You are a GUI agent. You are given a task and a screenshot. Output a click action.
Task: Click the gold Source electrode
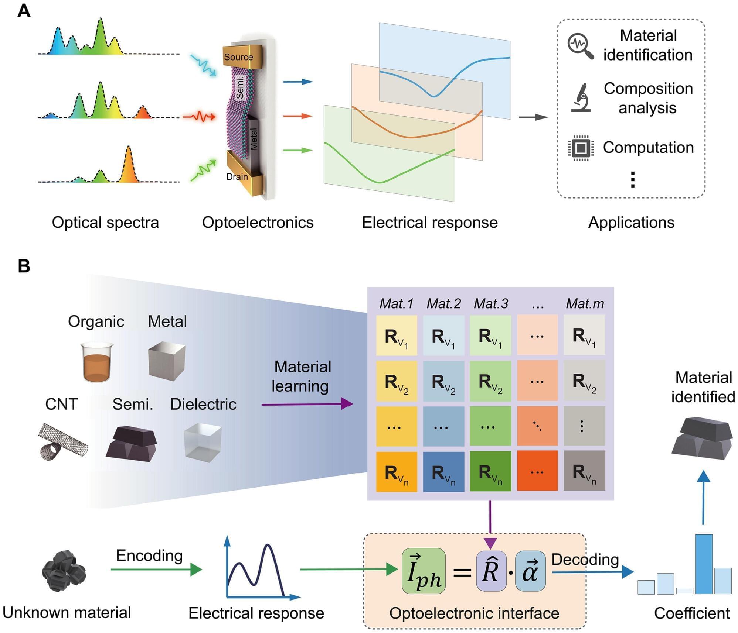[242, 57]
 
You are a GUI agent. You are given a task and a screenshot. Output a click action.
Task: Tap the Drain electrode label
[237, 177]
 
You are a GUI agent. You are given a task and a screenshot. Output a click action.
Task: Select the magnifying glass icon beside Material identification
[580, 46]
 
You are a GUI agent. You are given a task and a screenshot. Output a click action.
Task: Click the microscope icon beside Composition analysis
[581, 98]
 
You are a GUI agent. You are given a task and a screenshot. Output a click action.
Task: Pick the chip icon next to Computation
[581, 148]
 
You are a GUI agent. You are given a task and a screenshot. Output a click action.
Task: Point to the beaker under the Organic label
[97, 362]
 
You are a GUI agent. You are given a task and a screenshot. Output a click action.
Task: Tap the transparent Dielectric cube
[203, 442]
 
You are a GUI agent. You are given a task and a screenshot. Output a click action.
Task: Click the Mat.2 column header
[443, 304]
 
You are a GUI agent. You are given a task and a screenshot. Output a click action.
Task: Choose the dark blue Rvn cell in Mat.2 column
[443, 472]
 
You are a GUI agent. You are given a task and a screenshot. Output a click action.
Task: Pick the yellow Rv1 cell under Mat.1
[397, 336]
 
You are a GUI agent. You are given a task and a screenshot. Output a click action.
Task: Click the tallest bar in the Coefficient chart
[703, 564]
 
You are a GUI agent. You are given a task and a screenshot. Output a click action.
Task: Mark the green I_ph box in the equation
[424, 571]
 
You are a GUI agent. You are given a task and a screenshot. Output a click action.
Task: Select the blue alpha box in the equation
[530, 571]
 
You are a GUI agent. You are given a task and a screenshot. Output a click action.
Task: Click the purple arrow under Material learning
[307, 404]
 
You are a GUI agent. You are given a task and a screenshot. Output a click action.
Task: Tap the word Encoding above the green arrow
[149, 555]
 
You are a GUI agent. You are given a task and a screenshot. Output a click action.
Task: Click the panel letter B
[24, 266]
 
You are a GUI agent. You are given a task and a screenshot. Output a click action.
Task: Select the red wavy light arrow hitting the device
[200, 117]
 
